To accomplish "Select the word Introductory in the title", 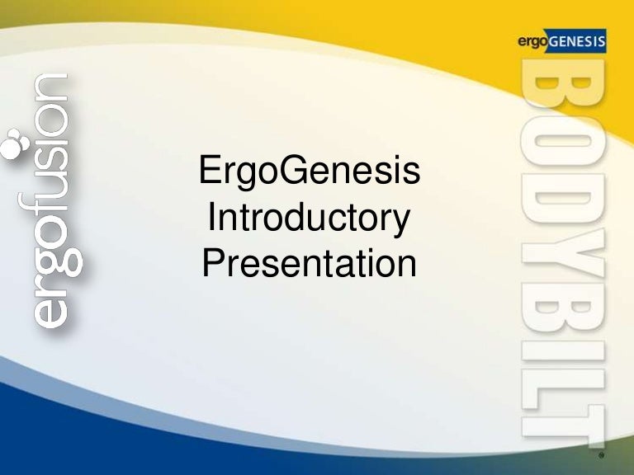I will [x=310, y=219].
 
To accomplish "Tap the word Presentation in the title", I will [x=310, y=265].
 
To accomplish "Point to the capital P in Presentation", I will [x=213, y=264].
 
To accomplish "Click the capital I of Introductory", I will [x=213, y=219].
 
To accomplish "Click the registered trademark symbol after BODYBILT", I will [x=602, y=454].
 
